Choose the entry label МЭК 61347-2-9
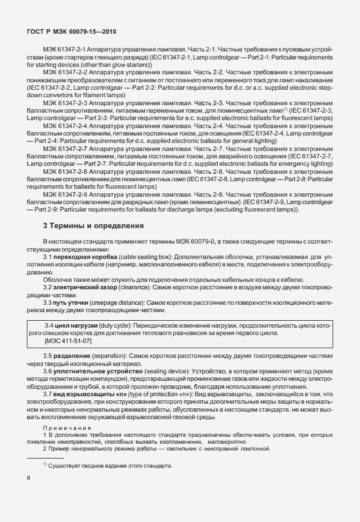(x=66, y=195)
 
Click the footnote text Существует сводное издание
(x=109, y=465)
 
